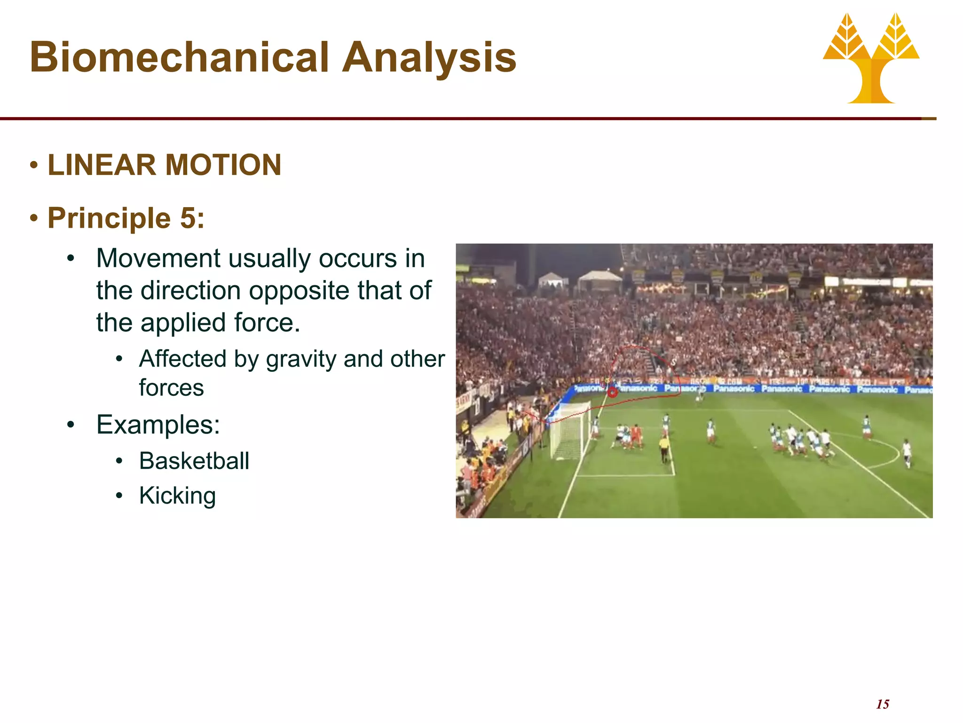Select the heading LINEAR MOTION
164,165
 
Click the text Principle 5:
126,218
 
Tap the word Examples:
158,425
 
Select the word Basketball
194,461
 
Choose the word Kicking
177,496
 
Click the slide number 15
883,704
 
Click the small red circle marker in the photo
612,392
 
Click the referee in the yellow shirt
663,448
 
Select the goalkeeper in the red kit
636,436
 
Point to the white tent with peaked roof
600,281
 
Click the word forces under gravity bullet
171,388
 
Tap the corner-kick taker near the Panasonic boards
700,393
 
